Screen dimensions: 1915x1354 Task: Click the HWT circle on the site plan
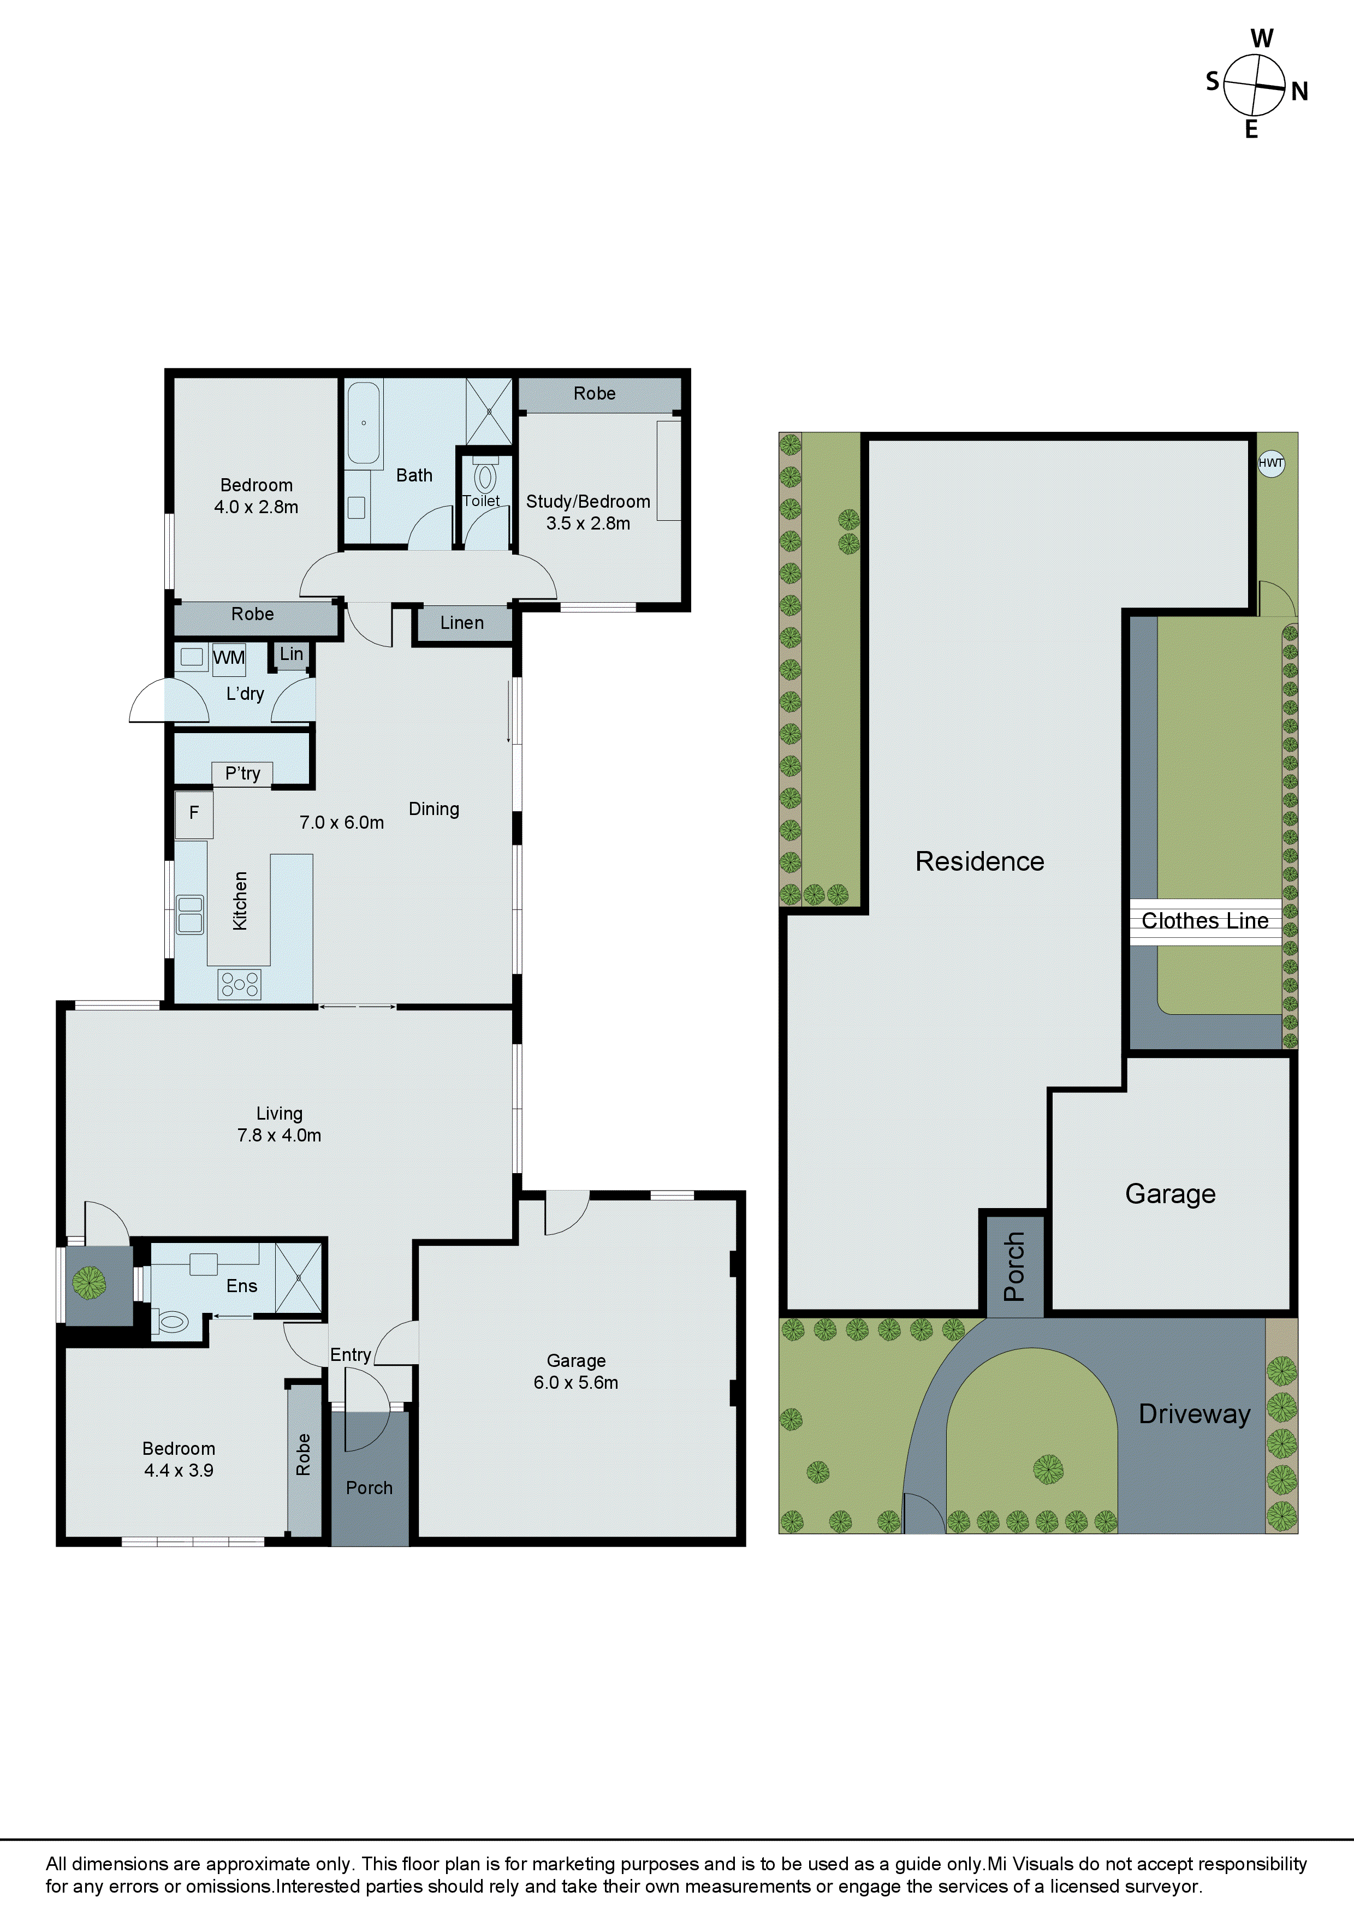tap(1270, 463)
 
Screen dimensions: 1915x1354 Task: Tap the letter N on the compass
tap(1299, 92)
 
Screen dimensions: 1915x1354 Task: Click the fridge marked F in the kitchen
tap(194, 813)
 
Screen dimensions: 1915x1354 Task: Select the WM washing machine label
tap(229, 658)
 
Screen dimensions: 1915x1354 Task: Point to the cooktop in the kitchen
tap(240, 984)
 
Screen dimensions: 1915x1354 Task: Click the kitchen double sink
tap(190, 914)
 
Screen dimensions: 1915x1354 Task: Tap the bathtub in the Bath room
tap(363, 423)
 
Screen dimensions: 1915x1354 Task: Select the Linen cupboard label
tap(462, 623)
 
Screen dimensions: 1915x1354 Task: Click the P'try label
tap(243, 773)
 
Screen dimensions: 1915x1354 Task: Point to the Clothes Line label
tap(1204, 921)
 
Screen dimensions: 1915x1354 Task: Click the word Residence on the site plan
tap(979, 861)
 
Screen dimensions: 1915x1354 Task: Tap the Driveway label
tap(1194, 1414)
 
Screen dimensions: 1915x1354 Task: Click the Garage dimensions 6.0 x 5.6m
tap(575, 1382)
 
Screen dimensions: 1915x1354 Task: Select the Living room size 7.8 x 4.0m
tap(278, 1135)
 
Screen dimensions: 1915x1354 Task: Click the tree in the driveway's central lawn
tap(1048, 1469)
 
